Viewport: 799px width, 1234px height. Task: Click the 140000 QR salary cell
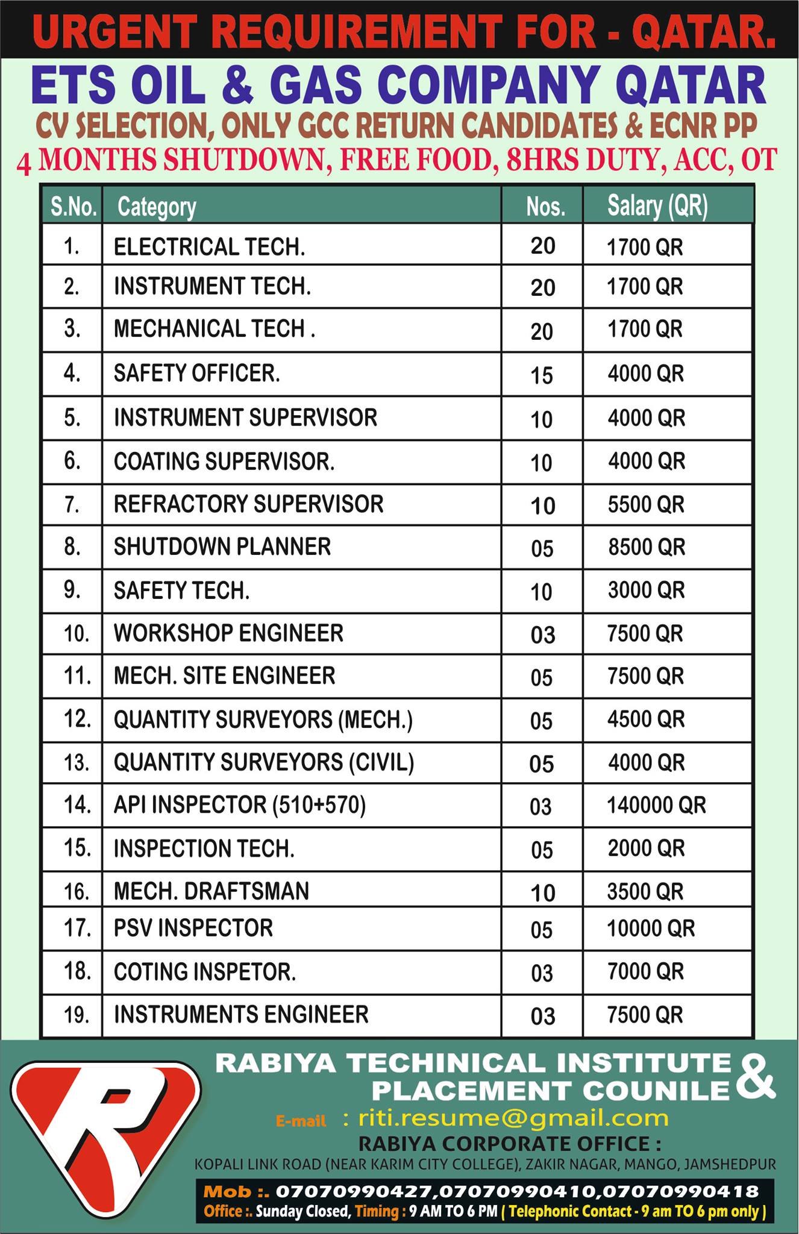pos(656,805)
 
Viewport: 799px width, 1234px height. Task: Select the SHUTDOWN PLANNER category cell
pos(222,547)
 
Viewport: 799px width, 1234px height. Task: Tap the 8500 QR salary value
pos(646,547)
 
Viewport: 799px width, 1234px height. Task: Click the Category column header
pos(157,207)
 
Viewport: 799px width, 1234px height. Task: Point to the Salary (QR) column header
pos(657,206)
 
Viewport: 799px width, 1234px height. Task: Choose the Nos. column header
pos(545,207)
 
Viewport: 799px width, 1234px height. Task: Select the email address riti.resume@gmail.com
pos(513,1118)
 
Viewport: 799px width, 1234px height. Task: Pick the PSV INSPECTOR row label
pos(193,929)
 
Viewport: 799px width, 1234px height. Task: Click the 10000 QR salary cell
pos(651,929)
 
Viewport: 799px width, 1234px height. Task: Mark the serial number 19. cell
pos(77,1015)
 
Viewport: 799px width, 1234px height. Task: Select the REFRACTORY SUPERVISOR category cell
pos(248,504)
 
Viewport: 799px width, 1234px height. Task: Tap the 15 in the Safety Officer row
pos(542,375)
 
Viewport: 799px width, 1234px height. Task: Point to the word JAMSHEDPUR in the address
pos(730,1165)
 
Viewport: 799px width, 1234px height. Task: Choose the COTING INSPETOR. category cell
pos(205,972)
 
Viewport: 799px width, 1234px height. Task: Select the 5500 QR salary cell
pos(646,504)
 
